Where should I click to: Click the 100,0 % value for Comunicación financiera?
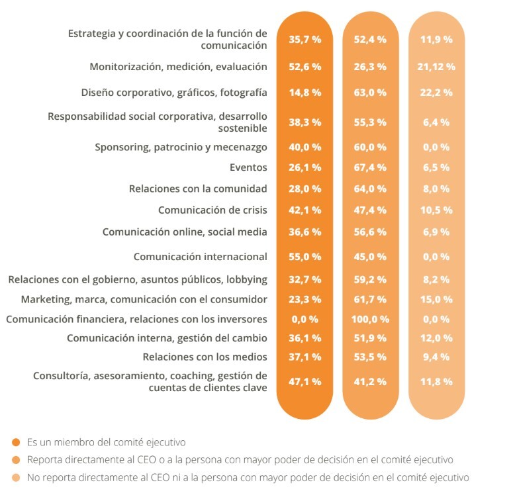click(370, 319)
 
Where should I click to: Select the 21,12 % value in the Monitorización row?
click(436, 66)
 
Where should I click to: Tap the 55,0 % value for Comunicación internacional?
click(305, 256)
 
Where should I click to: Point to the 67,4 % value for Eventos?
click(370, 168)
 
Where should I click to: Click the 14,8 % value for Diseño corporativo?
click(305, 93)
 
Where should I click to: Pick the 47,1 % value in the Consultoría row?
click(305, 381)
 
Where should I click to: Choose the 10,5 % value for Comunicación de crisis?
click(436, 210)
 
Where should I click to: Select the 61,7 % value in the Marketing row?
click(370, 299)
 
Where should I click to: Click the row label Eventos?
click(248, 168)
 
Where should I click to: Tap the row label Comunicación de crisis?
click(212, 210)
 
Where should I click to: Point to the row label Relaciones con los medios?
click(205, 357)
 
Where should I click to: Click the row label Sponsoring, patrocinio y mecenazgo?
click(181, 147)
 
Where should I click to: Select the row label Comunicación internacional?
click(200, 256)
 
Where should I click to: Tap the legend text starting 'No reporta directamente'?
click(248, 476)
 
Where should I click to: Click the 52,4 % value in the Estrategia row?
click(370, 39)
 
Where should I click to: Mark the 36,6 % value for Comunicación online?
click(305, 232)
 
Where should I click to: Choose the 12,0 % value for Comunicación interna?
click(436, 338)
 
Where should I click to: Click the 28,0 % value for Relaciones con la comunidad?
click(305, 189)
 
